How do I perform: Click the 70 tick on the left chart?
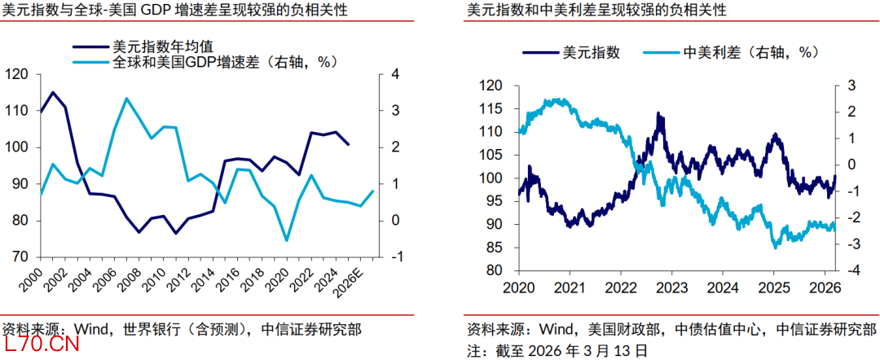coord(21,257)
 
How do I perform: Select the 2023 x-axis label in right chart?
coord(672,288)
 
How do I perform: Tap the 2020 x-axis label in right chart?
coord(518,288)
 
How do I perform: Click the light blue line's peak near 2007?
coord(126,99)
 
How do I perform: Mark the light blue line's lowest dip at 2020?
coord(286,240)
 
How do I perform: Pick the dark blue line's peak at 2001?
coord(53,92)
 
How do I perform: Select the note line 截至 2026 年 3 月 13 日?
coord(557,350)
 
